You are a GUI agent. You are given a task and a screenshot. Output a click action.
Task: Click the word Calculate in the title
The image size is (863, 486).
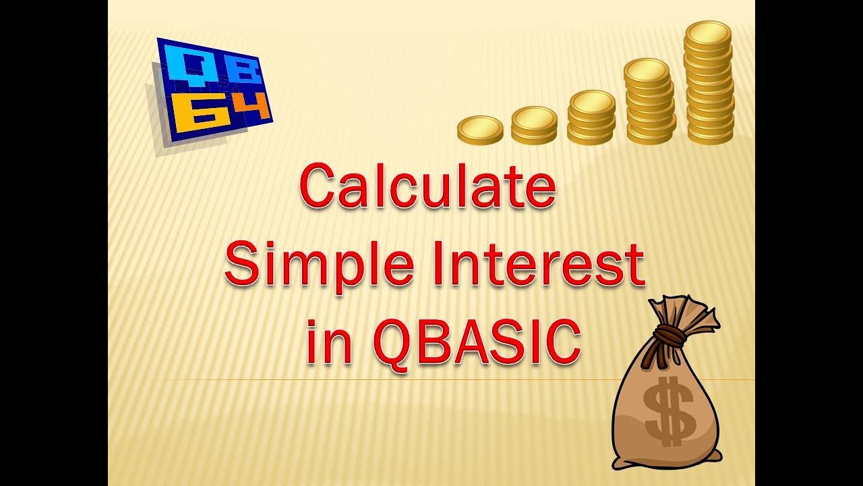coord(427,187)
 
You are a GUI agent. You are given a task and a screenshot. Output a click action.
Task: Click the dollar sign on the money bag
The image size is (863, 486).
coord(669,411)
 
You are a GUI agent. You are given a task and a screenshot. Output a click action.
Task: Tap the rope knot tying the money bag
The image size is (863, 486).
coord(668,334)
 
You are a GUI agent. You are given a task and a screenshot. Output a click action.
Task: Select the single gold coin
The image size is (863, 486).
coord(480,130)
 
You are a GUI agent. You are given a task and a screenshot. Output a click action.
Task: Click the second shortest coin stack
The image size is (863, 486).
coord(534,125)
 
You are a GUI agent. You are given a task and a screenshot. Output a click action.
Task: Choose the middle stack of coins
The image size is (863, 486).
coord(591,117)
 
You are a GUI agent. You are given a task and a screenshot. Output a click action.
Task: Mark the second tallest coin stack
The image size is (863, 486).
coord(649,101)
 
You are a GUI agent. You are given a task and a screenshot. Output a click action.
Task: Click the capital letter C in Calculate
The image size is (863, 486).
coord(319,187)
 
